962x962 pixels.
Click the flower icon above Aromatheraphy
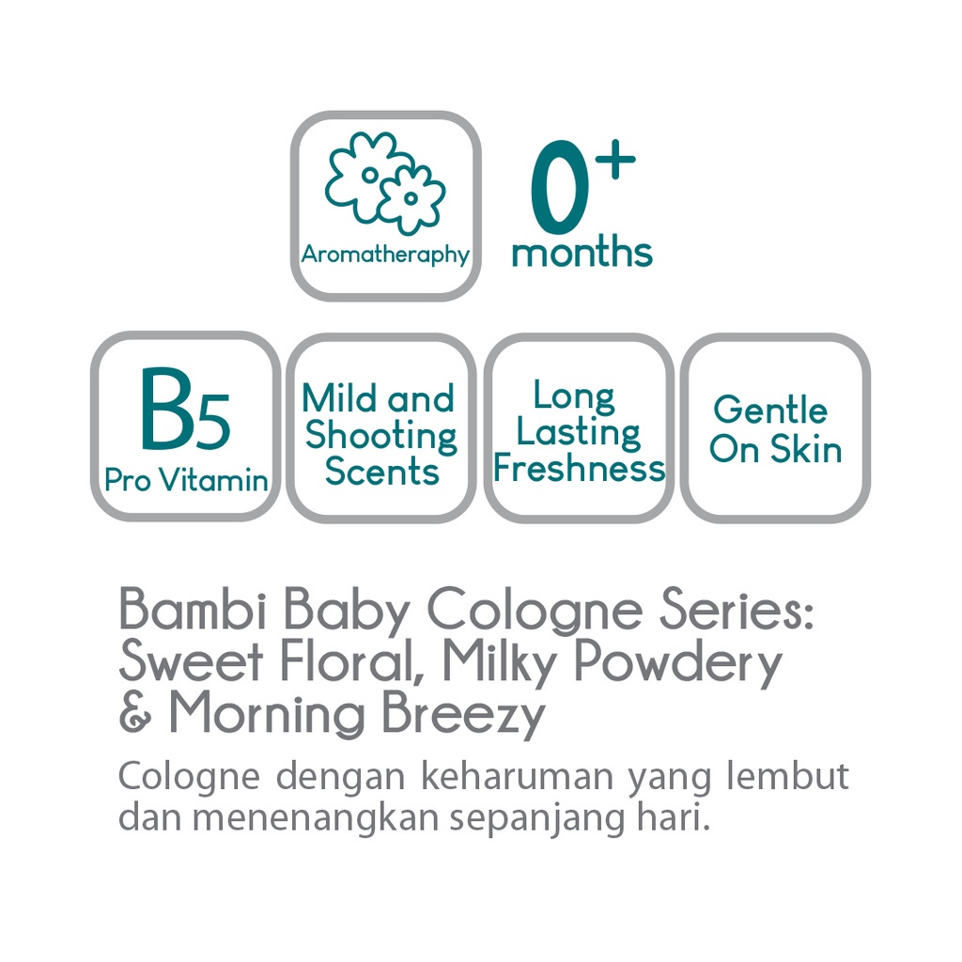385,183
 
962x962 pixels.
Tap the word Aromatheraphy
385,254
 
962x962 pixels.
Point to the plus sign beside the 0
614,159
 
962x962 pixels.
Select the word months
582,251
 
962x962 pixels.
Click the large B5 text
185,409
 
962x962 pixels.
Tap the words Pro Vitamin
186,480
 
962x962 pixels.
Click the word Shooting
381,436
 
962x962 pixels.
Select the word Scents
381,472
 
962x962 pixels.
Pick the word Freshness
579,468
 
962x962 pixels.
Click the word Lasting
578,432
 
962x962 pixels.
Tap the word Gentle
770,410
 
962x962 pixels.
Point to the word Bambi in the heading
193,609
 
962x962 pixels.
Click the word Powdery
678,663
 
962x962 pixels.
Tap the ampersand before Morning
135,713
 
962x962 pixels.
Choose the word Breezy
464,716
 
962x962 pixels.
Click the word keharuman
517,776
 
